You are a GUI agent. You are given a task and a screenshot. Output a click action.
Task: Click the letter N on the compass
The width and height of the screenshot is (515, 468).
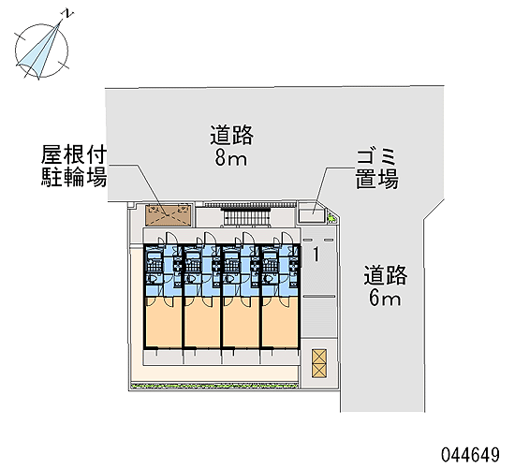pos(68,13)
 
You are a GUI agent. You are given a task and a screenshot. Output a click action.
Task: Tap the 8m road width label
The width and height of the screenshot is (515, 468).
pos(231,159)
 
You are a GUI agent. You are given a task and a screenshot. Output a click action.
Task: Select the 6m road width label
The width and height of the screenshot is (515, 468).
pos(385,299)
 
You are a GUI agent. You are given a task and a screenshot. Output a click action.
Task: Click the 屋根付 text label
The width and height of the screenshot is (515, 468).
pos(74,155)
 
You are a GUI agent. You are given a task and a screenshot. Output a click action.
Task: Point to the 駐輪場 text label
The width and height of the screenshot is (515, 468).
pos(74,177)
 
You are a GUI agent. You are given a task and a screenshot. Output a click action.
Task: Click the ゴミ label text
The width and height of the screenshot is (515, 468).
pos(376,156)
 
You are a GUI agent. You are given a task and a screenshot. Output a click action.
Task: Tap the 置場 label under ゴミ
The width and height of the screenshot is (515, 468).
pos(377,180)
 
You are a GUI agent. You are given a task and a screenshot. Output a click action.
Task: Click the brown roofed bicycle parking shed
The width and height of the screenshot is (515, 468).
pos(169,215)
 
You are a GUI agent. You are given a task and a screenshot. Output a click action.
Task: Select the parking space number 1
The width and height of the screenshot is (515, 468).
pos(316,255)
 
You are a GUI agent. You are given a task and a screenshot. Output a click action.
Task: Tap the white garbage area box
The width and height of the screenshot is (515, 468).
pos(311,212)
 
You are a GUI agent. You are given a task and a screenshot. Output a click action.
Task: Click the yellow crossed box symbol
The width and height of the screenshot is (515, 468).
pos(319,362)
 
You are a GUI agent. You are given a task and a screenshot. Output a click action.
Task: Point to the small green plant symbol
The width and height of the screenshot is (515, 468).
pos(331,217)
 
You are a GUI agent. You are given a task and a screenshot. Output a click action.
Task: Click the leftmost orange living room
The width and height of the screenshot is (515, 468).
pos(164,322)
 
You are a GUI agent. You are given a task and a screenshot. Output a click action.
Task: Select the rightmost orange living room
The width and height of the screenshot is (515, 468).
pos(280,322)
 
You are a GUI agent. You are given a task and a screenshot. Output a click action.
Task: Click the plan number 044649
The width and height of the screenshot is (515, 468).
pos(470,455)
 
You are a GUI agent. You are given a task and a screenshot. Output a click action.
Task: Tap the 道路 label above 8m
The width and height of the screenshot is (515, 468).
pos(232,135)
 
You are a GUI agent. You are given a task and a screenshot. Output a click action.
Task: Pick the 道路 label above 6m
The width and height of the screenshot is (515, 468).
pos(385,275)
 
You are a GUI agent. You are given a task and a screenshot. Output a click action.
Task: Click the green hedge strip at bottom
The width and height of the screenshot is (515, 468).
pos(214,386)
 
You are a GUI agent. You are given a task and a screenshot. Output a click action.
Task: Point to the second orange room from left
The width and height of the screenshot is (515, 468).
pos(202,322)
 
